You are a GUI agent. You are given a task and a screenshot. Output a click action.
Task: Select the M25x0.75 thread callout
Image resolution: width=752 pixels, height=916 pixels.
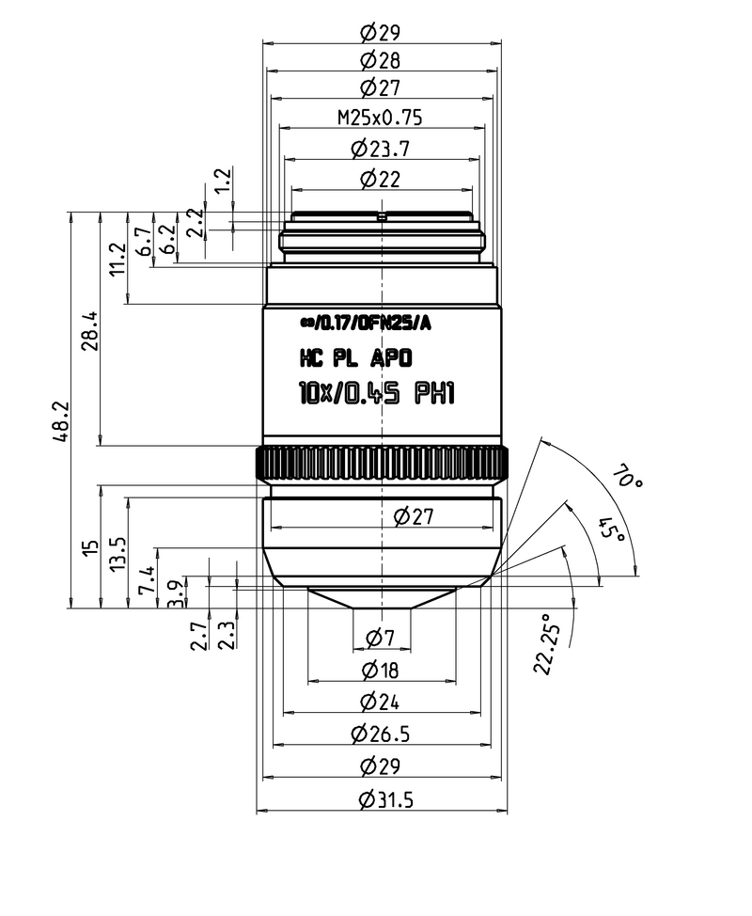coord(380,118)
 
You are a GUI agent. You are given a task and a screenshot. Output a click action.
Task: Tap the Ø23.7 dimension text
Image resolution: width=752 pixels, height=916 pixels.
coord(380,150)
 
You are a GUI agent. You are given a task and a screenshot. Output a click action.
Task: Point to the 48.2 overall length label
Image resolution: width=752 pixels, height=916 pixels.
coord(61,421)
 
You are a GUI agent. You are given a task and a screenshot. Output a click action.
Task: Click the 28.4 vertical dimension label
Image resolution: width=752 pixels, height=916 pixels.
coord(90,331)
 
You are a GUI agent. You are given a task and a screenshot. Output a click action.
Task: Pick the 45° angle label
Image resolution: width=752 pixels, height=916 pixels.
coord(613,529)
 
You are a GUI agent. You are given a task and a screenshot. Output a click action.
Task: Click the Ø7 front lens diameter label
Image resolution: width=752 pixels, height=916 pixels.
coord(381,638)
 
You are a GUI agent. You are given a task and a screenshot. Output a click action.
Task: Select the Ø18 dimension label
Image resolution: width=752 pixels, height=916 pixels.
coord(380,670)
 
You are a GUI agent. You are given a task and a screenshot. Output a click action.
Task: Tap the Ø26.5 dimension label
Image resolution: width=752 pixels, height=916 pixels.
coord(380,734)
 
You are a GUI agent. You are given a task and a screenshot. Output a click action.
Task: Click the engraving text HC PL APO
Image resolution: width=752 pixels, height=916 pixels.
coord(356,358)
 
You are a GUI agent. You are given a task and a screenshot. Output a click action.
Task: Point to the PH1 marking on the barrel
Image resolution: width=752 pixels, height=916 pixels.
coord(434,393)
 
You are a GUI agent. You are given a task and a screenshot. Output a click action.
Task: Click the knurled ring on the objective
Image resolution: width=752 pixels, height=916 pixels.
coord(382,464)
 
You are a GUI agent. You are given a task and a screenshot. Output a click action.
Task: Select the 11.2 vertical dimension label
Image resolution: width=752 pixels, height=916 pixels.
coord(117,260)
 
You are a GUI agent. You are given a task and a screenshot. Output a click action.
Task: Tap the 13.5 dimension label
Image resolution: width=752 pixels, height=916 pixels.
coord(117,554)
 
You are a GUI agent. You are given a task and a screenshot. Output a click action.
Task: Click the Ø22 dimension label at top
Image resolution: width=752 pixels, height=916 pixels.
coord(380,180)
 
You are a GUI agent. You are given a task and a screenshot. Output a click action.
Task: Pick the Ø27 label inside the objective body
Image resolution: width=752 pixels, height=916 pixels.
coord(414,516)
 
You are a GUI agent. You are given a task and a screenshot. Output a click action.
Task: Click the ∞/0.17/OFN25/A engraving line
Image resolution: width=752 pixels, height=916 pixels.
coord(366,324)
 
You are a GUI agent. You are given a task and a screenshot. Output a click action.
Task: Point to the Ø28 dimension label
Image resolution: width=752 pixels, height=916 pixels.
coord(380,60)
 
